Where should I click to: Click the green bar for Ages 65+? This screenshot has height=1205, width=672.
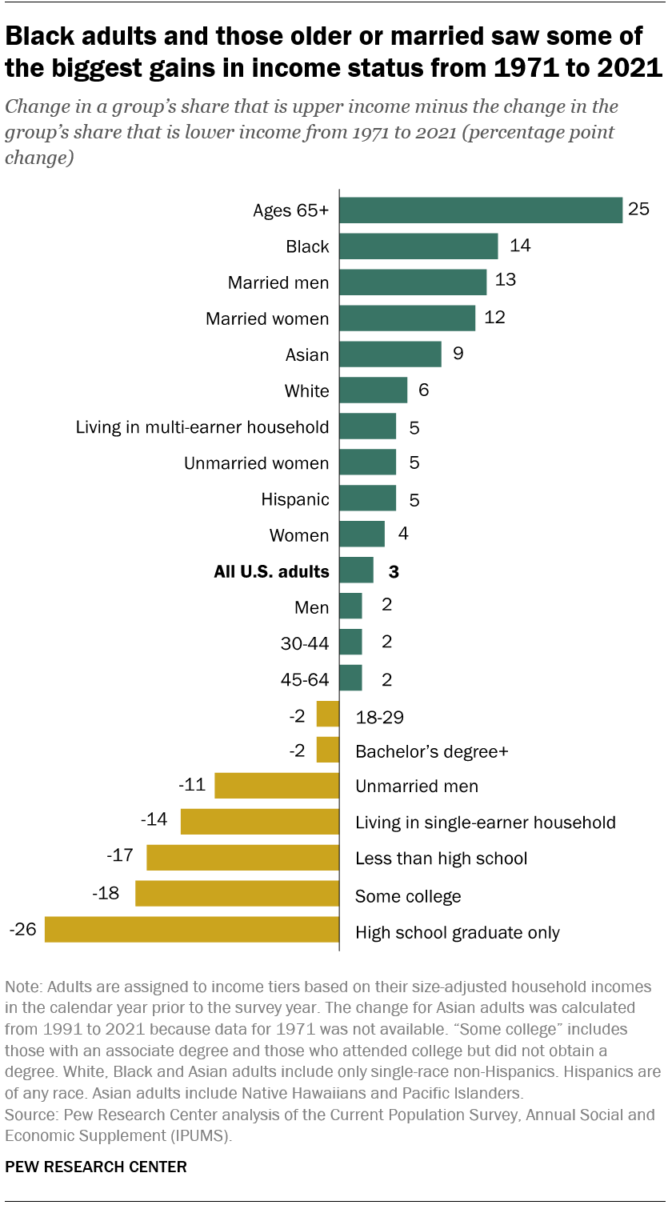click(x=481, y=210)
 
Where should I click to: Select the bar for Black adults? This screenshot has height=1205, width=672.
click(x=418, y=246)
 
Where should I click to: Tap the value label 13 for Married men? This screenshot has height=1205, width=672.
click(x=506, y=280)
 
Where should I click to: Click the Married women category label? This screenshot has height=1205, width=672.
click(x=267, y=318)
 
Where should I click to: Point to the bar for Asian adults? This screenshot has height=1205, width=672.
click(x=390, y=354)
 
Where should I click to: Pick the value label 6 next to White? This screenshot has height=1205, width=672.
click(x=424, y=390)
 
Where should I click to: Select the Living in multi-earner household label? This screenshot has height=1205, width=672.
click(x=202, y=426)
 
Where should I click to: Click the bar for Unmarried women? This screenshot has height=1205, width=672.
click(x=367, y=462)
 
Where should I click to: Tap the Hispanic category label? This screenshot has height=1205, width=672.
click(x=295, y=499)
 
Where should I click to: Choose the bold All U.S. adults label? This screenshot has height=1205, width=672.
click(x=271, y=571)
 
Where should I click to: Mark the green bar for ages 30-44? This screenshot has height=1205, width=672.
click(x=350, y=643)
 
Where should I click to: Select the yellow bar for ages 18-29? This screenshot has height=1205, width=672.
click(x=328, y=715)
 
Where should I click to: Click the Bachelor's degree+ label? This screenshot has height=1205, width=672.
click(x=432, y=751)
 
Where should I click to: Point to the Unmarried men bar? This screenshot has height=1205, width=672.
click(x=277, y=786)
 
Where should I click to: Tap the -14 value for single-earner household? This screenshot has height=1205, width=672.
click(x=153, y=820)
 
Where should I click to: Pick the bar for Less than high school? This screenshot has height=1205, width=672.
click(x=243, y=858)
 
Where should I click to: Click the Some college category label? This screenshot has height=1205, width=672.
click(x=408, y=896)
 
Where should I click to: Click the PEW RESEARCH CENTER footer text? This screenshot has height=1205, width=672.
click(x=96, y=1167)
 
